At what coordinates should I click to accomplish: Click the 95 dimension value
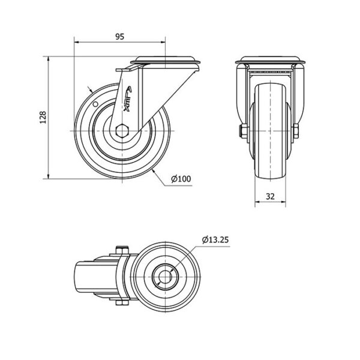[x=119, y=37]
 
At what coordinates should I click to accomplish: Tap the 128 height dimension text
[x=43, y=118]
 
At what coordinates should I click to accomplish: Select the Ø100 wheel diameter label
[x=181, y=179]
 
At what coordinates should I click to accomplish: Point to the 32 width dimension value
[x=270, y=196]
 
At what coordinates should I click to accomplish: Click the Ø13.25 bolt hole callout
[x=215, y=240]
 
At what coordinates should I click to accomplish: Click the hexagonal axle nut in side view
[x=122, y=131]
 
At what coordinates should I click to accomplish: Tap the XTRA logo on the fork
[x=128, y=99]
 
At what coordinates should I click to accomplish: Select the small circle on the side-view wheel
[x=95, y=104]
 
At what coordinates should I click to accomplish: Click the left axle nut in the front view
[x=244, y=131]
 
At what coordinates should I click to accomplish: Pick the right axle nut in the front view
[x=296, y=131]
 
